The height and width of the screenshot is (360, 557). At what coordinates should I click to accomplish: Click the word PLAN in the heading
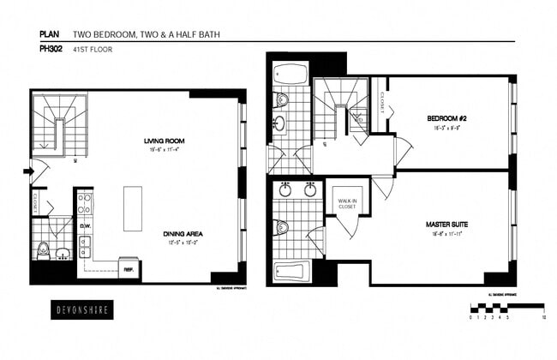(x=48, y=35)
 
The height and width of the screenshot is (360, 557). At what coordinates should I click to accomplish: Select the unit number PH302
(x=51, y=49)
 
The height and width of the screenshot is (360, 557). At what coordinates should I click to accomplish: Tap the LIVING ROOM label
(x=165, y=141)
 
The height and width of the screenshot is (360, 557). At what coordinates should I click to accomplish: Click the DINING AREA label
(x=183, y=233)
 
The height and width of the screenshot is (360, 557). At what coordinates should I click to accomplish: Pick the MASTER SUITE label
(x=446, y=224)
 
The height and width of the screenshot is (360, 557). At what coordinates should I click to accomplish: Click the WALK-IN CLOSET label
(x=347, y=203)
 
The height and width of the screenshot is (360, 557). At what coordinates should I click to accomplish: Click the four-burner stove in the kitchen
(x=85, y=203)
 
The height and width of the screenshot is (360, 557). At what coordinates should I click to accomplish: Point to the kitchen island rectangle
(x=133, y=208)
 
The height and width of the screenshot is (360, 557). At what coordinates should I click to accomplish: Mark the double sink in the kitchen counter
(x=85, y=248)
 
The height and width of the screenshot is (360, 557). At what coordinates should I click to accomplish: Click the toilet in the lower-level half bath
(x=43, y=250)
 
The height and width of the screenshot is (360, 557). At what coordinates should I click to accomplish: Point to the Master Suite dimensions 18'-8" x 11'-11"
(x=446, y=233)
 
